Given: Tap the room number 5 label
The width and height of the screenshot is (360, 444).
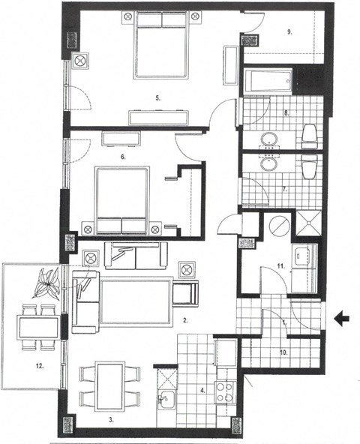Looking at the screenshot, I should pos(157,97).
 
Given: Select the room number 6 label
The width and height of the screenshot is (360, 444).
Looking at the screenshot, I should pos(122,158).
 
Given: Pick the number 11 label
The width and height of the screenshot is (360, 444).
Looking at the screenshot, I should pos(280,266).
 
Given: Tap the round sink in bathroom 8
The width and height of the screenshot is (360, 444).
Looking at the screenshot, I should pos(269,139).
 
